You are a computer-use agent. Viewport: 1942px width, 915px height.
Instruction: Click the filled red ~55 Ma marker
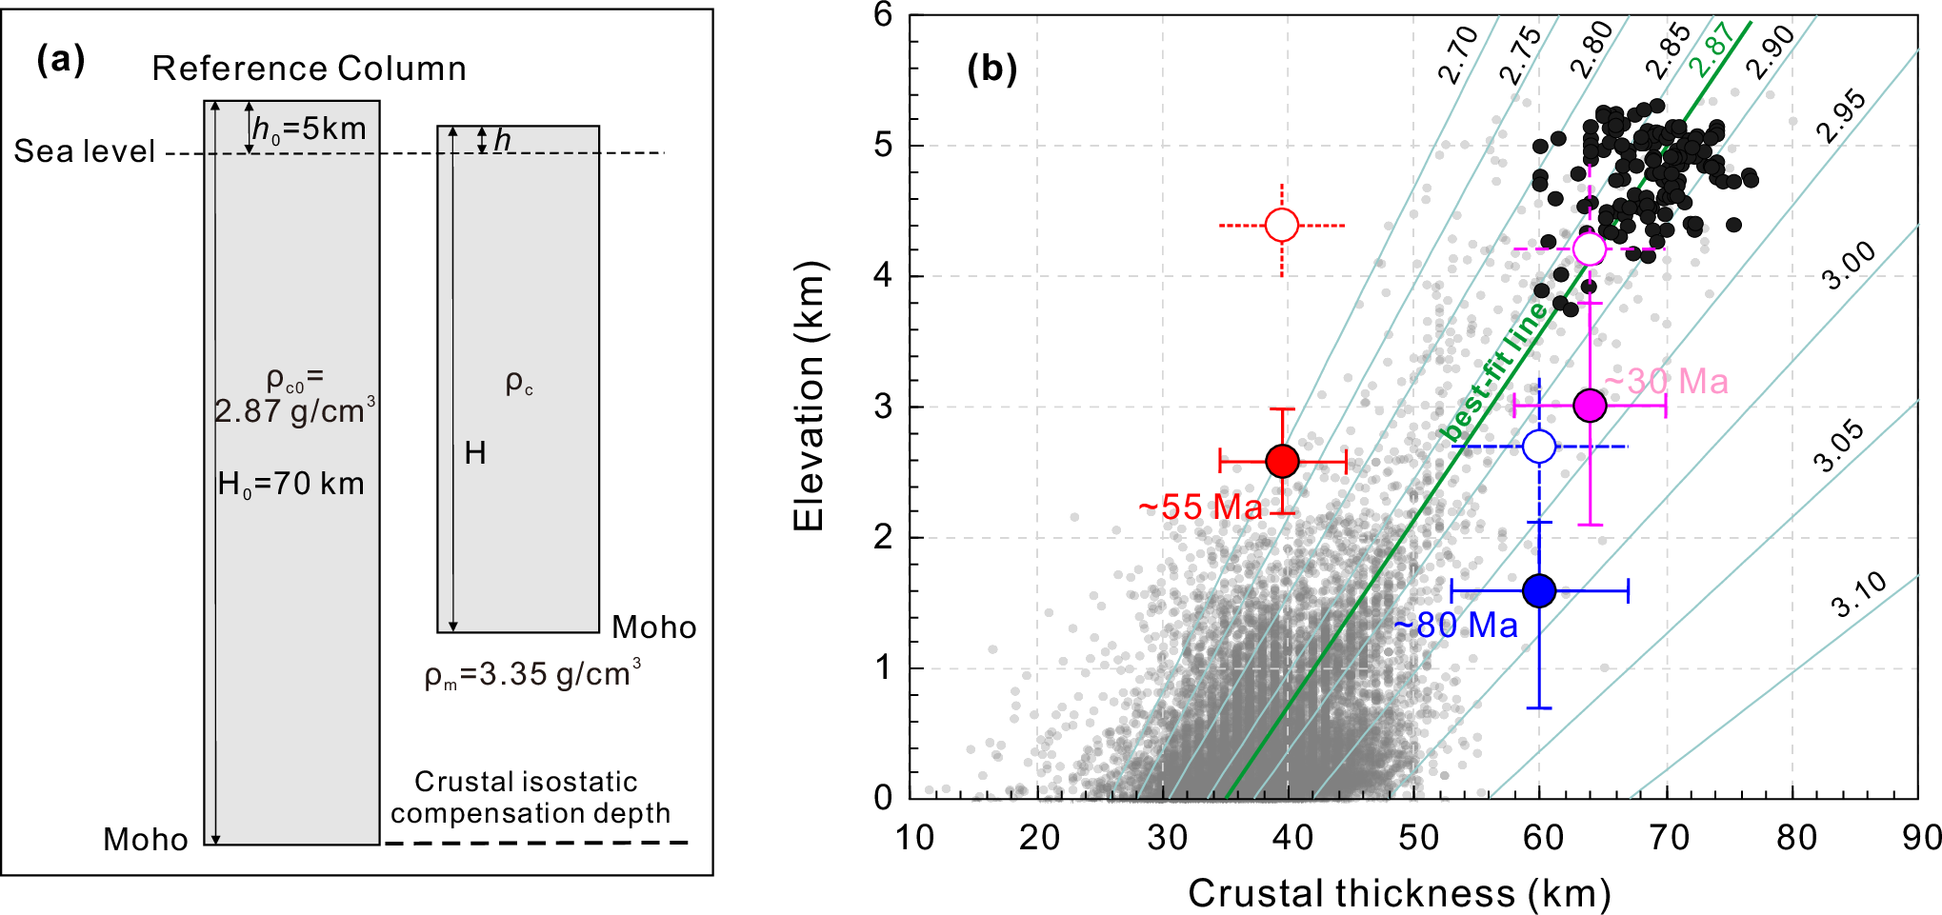point(1283,462)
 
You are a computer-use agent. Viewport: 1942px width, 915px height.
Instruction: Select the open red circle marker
point(1282,226)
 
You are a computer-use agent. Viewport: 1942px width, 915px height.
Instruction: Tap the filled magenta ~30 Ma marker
point(1590,406)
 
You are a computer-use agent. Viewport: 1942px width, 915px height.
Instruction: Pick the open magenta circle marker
point(1589,249)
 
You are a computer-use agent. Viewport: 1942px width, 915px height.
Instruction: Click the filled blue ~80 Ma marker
point(1539,591)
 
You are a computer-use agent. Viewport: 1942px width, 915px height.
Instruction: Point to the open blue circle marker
point(1539,446)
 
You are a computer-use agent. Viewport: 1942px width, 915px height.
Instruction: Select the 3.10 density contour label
point(1859,595)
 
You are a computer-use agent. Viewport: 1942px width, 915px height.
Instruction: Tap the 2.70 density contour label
point(1457,55)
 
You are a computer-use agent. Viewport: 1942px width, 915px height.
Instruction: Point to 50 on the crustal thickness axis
point(1417,838)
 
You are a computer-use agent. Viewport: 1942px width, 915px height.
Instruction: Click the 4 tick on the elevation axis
point(883,276)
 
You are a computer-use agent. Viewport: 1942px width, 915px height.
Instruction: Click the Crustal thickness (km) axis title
point(1399,893)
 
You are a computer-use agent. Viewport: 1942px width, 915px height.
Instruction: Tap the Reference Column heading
point(310,69)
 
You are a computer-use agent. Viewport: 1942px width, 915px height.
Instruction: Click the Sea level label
point(84,151)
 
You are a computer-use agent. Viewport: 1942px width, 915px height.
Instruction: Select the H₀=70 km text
point(290,484)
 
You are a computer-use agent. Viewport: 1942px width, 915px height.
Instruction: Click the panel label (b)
point(991,69)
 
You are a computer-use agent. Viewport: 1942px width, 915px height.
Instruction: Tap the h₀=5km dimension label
point(309,129)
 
